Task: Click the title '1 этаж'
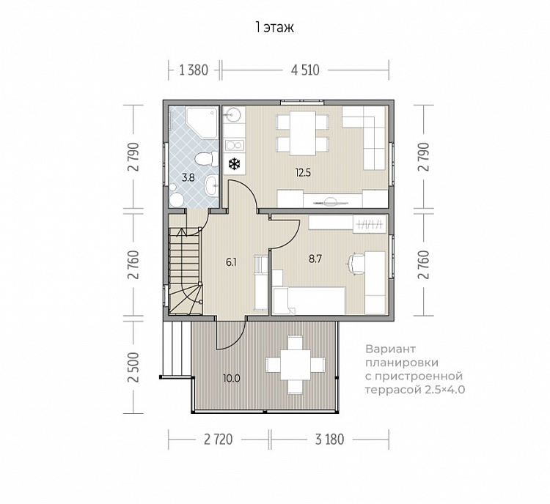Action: [x=275, y=27]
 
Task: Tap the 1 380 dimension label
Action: [x=194, y=70]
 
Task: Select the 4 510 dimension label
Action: [x=305, y=70]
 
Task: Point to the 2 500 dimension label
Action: [x=133, y=367]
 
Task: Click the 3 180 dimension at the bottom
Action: [x=329, y=439]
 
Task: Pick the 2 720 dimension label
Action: [x=219, y=439]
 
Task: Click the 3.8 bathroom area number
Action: [x=188, y=178]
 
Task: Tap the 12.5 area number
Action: [x=303, y=172]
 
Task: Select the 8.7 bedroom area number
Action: [x=315, y=259]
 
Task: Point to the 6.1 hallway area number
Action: [x=231, y=262]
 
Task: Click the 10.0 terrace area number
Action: [x=232, y=379]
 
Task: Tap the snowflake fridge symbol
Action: [x=234, y=163]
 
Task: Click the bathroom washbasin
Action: [x=211, y=185]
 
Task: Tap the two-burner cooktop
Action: [x=235, y=145]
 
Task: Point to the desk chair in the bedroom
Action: [x=356, y=262]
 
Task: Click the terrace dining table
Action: [x=295, y=364]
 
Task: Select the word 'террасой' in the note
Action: [x=393, y=390]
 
